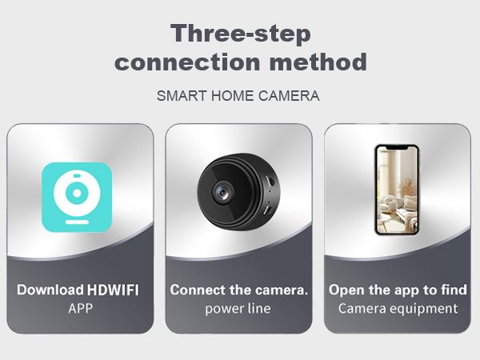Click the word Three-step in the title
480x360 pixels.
pos(241,34)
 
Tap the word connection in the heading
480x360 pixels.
pos(187,62)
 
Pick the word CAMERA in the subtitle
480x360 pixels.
pos(289,96)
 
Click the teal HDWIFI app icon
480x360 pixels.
pos(77,197)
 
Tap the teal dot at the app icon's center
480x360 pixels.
pos(77,193)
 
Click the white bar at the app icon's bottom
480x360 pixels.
pos(77,222)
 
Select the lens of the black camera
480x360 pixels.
pos(222,193)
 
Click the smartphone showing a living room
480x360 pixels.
pos(397,190)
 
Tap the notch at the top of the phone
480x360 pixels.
pos(397,148)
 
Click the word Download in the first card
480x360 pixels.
pos(50,290)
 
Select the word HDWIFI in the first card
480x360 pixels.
pos(113,290)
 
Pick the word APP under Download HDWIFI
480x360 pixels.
pos(80,309)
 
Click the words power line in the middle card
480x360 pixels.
pos(238,309)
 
